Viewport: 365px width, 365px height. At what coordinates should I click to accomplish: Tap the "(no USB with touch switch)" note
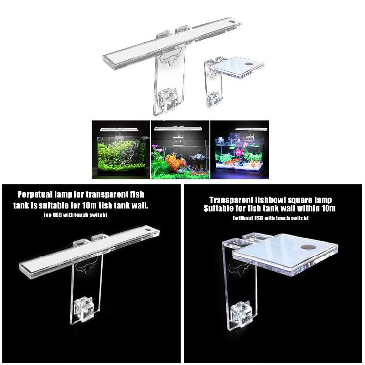(x=75, y=215)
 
